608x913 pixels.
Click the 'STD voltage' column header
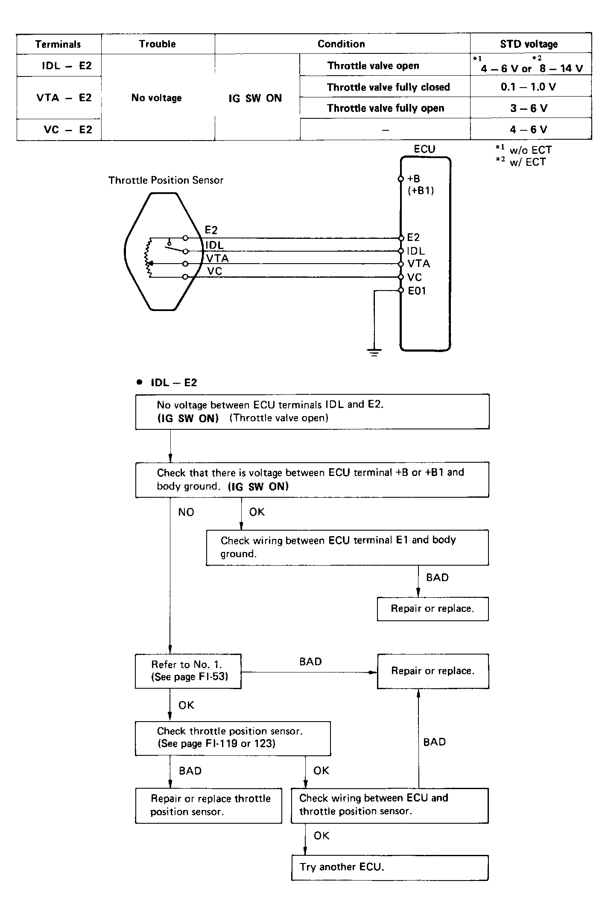point(529,44)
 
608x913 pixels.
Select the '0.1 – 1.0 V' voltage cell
point(529,87)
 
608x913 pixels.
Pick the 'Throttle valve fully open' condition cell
point(386,108)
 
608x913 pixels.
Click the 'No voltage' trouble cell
point(157,98)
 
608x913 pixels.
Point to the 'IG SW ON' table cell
point(255,98)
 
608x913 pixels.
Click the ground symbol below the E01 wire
point(374,352)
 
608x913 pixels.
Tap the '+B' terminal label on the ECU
point(414,179)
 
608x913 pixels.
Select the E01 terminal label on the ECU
point(417,291)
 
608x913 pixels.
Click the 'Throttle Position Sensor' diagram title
point(166,180)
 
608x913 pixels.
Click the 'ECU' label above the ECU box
point(424,149)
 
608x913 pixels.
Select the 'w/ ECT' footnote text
point(527,162)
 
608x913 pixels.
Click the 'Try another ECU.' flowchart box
point(389,867)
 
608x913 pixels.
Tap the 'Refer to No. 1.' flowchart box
point(188,671)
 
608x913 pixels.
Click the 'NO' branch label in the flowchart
point(186,512)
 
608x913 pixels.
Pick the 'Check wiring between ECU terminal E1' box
point(347,547)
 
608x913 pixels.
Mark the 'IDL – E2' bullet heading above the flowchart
point(173,383)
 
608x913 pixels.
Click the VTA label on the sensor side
point(217,258)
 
